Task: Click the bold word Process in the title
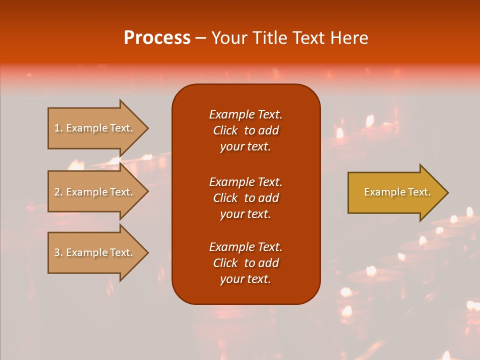pos(157,38)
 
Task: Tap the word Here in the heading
pos(349,38)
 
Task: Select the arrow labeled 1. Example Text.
pos(95,128)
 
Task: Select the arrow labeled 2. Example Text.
pos(95,192)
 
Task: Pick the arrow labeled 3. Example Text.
pos(95,252)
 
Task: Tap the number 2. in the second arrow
pos(58,192)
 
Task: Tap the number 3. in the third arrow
pos(58,252)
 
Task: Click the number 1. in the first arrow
pos(58,128)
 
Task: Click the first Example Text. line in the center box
pos(245,114)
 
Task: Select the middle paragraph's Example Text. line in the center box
pos(245,181)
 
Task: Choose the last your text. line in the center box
pos(245,279)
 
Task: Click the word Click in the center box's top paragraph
pos(225,130)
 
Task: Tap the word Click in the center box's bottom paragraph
pos(225,263)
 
